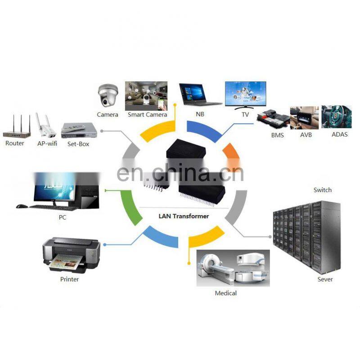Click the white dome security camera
[x=108, y=95]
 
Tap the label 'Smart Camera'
[x=147, y=114]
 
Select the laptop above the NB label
[x=199, y=94]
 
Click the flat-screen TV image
[x=245, y=94]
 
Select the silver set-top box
[x=79, y=130]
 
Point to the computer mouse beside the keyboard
[x=21, y=207]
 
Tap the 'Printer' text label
[x=69, y=279]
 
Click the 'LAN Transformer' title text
[x=184, y=216]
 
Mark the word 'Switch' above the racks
[x=322, y=190]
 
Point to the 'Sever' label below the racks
[x=325, y=279]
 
